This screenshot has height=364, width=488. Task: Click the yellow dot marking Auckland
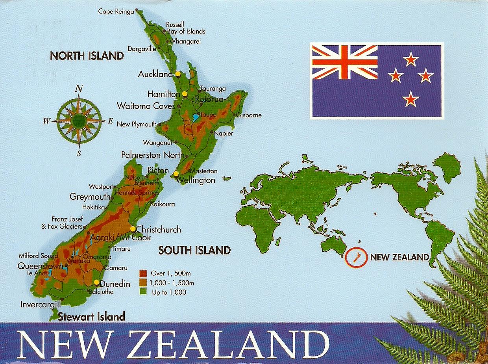pos(178,73)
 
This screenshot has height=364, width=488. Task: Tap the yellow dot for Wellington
pos(176,173)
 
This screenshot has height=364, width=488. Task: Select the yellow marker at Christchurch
pos(133,228)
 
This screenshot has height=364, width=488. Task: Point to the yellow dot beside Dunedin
pos(96,282)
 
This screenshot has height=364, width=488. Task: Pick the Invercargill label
pos(41,304)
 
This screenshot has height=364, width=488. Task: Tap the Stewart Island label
pos(91,316)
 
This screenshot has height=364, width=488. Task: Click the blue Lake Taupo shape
pos(196,117)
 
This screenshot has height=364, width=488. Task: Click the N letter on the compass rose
pos(79,89)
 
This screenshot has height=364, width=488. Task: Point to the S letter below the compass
pos(79,153)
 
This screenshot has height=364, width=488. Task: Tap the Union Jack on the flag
pos(345,62)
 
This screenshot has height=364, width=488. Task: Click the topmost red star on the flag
pos(411,59)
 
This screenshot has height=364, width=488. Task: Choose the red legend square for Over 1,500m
pos(144,273)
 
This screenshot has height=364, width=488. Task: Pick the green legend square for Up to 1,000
pos(144,292)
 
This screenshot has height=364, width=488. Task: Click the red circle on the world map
pos(355,258)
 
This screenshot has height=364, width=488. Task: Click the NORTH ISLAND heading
pos(87,56)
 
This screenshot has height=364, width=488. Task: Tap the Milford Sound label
pos(38,256)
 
